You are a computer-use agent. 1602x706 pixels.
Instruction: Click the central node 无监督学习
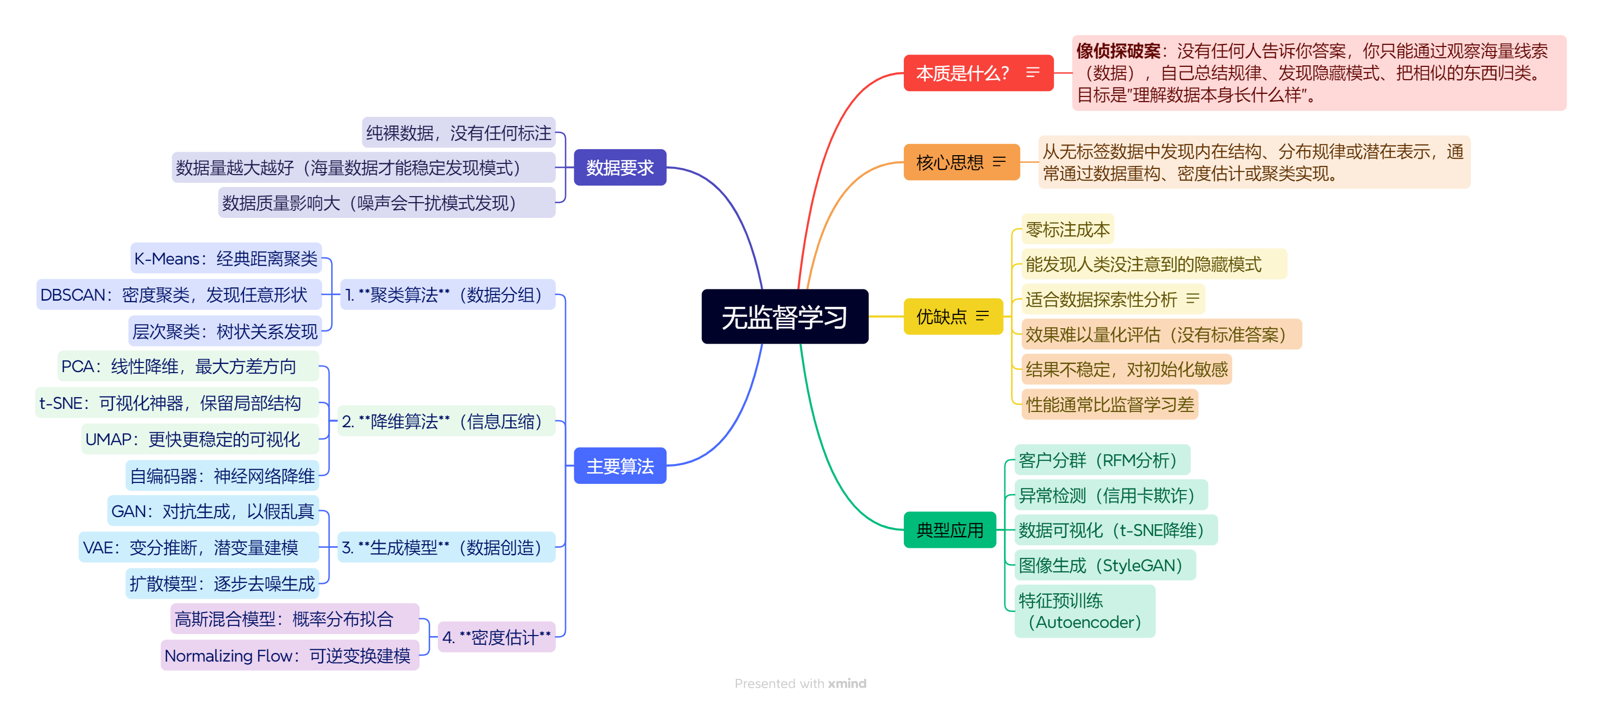pos(784,317)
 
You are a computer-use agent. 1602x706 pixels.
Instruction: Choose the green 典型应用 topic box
pos(949,530)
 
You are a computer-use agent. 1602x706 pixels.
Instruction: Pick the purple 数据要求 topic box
pos(620,167)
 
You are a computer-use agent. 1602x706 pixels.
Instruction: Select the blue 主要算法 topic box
pos(620,466)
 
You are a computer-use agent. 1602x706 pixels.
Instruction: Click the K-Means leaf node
pos(226,259)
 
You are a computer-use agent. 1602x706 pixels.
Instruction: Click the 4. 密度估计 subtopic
pos(496,638)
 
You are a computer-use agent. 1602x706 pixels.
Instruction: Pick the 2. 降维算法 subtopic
pos(444,422)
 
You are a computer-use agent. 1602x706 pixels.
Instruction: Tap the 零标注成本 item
pos(1067,230)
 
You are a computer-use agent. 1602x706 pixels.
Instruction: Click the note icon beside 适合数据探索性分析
pos(1192,299)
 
